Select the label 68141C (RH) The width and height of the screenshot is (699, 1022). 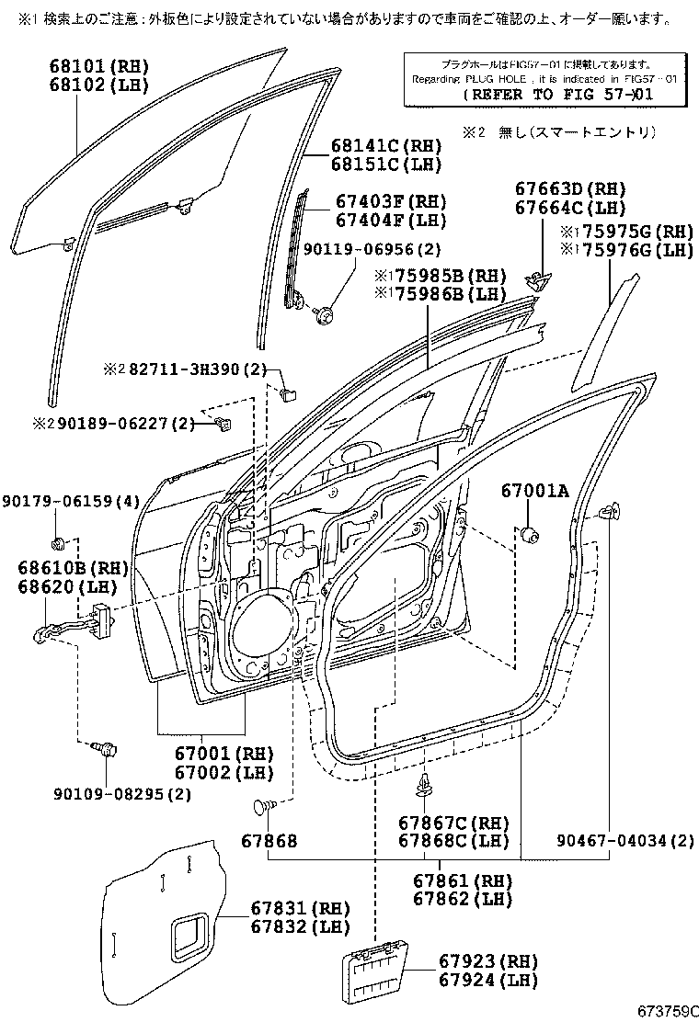pos(386,146)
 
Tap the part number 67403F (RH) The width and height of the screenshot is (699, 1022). pos(390,202)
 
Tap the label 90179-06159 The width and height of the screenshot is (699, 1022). pos(69,501)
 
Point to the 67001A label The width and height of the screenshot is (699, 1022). pos(535,492)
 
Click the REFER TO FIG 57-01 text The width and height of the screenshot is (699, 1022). pos(569,94)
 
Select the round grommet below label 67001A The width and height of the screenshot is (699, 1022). pos(529,533)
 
